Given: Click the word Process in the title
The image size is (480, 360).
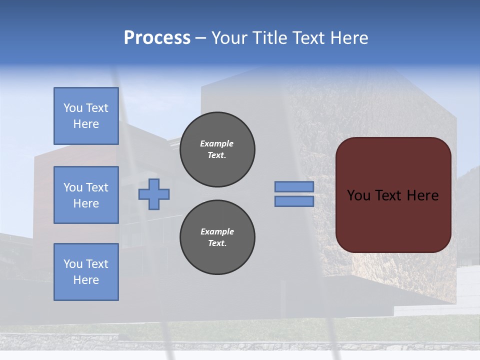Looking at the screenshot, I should (157, 38).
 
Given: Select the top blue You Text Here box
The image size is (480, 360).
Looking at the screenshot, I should (86, 116).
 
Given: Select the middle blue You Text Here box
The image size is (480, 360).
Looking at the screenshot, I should (86, 195).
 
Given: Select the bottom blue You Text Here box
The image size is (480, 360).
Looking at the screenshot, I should (86, 271).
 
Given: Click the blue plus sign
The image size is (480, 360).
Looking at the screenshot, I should (154, 194).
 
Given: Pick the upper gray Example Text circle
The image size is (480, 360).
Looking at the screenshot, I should (217, 149).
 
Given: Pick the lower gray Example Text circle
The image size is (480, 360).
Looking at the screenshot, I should (217, 237).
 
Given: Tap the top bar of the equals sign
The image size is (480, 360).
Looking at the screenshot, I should (294, 187).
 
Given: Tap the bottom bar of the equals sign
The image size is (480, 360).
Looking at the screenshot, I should (294, 201).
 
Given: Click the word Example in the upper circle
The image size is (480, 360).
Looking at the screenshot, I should (217, 143).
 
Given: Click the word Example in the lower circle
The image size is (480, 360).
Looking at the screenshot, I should (217, 231).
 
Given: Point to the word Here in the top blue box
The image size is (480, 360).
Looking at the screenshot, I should (86, 124).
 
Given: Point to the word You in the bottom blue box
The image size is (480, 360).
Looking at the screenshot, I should (72, 264).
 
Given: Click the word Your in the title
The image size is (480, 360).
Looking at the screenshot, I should (229, 38).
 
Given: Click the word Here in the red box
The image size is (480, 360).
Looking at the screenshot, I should (422, 195).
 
